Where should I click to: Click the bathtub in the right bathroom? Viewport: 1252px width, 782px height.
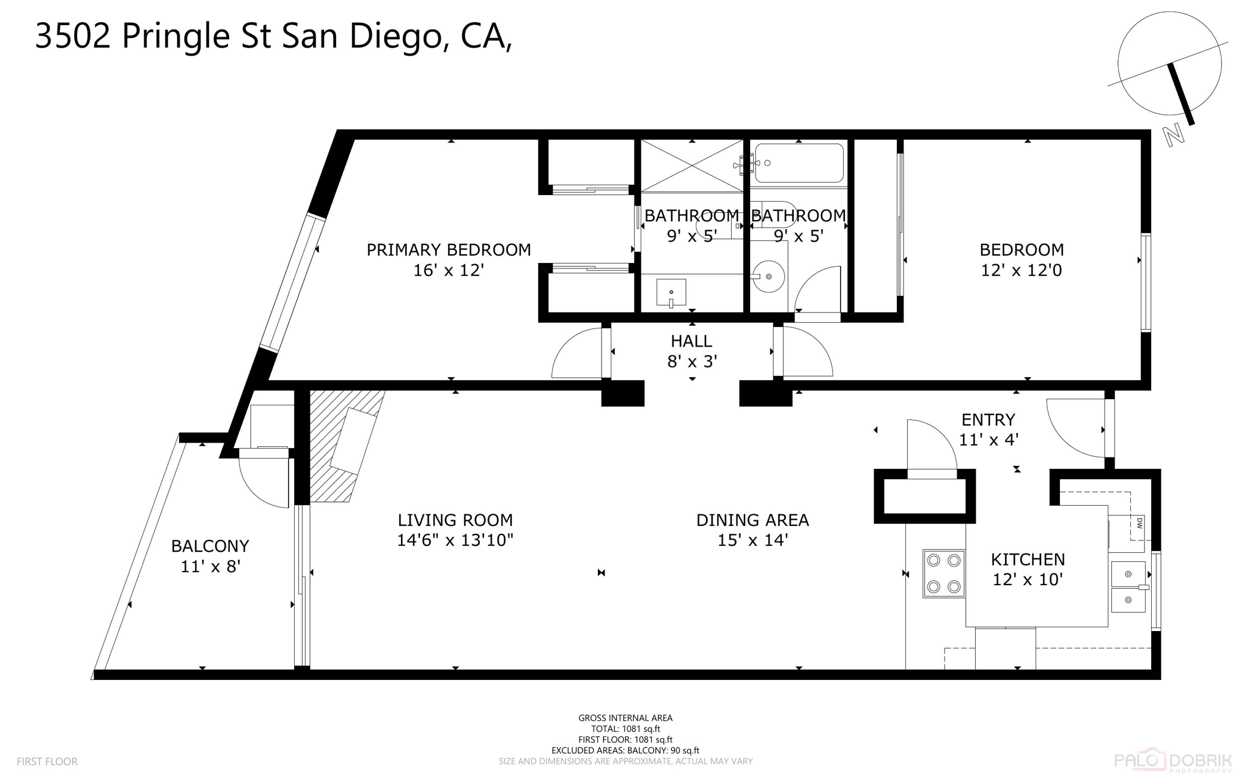(799, 163)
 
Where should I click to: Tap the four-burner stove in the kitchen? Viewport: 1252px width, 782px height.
(943, 574)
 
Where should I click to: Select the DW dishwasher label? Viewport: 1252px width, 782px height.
(1140, 523)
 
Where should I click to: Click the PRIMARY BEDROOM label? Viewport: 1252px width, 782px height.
(448, 250)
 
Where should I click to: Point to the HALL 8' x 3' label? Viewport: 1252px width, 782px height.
(691, 351)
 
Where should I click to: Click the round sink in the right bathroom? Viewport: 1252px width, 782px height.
(768, 277)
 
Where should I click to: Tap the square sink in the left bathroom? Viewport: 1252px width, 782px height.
(671, 292)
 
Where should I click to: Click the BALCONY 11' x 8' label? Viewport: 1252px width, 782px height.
(210, 556)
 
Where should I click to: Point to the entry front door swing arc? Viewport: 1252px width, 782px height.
(1076, 428)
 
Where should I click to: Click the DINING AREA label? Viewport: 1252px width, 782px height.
(752, 520)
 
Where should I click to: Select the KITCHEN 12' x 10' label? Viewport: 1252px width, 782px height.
(1028, 569)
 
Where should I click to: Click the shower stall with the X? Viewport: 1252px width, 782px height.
(691, 165)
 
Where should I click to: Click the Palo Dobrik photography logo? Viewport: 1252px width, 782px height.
(1172, 761)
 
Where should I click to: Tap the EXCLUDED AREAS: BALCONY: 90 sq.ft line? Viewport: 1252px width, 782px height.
(625, 750)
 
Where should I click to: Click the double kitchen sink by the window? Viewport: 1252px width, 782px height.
(1128, 587)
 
